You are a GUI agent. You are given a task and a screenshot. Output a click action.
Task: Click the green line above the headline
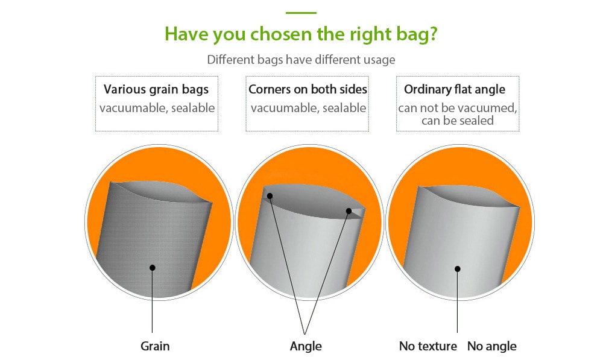coord(301,13)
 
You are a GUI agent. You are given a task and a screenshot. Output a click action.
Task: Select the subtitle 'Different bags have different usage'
coord(301,60)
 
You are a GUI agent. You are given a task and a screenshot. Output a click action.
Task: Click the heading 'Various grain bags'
coord(156,89)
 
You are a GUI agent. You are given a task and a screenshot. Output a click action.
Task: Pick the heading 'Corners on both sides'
coord(308,89)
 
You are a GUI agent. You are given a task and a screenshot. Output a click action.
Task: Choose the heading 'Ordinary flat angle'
coord(455,89)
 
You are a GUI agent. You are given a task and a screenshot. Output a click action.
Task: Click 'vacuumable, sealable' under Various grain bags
coord(157,108)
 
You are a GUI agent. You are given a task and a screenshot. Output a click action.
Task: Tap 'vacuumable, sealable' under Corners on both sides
coord(308,108)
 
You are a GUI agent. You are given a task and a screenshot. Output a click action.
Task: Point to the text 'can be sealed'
coord(458,121)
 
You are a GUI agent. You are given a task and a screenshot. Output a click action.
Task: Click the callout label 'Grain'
coord(155,346)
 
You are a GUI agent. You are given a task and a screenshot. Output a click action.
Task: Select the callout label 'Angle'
coord(306,346)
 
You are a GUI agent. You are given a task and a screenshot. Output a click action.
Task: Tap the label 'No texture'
coord(428,346)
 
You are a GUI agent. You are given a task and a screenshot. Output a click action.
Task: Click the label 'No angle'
coord(492,346)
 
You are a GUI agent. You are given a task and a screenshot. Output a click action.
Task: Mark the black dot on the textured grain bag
coord(153,268)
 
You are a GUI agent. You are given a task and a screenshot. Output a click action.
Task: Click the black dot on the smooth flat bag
coord(458,269)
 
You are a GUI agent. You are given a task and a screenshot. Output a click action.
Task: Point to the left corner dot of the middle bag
coord(270,196)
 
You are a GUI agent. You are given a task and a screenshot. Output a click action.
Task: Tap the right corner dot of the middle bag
coord(349,211)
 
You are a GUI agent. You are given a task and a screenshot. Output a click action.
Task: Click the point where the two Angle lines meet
coord(305,333)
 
